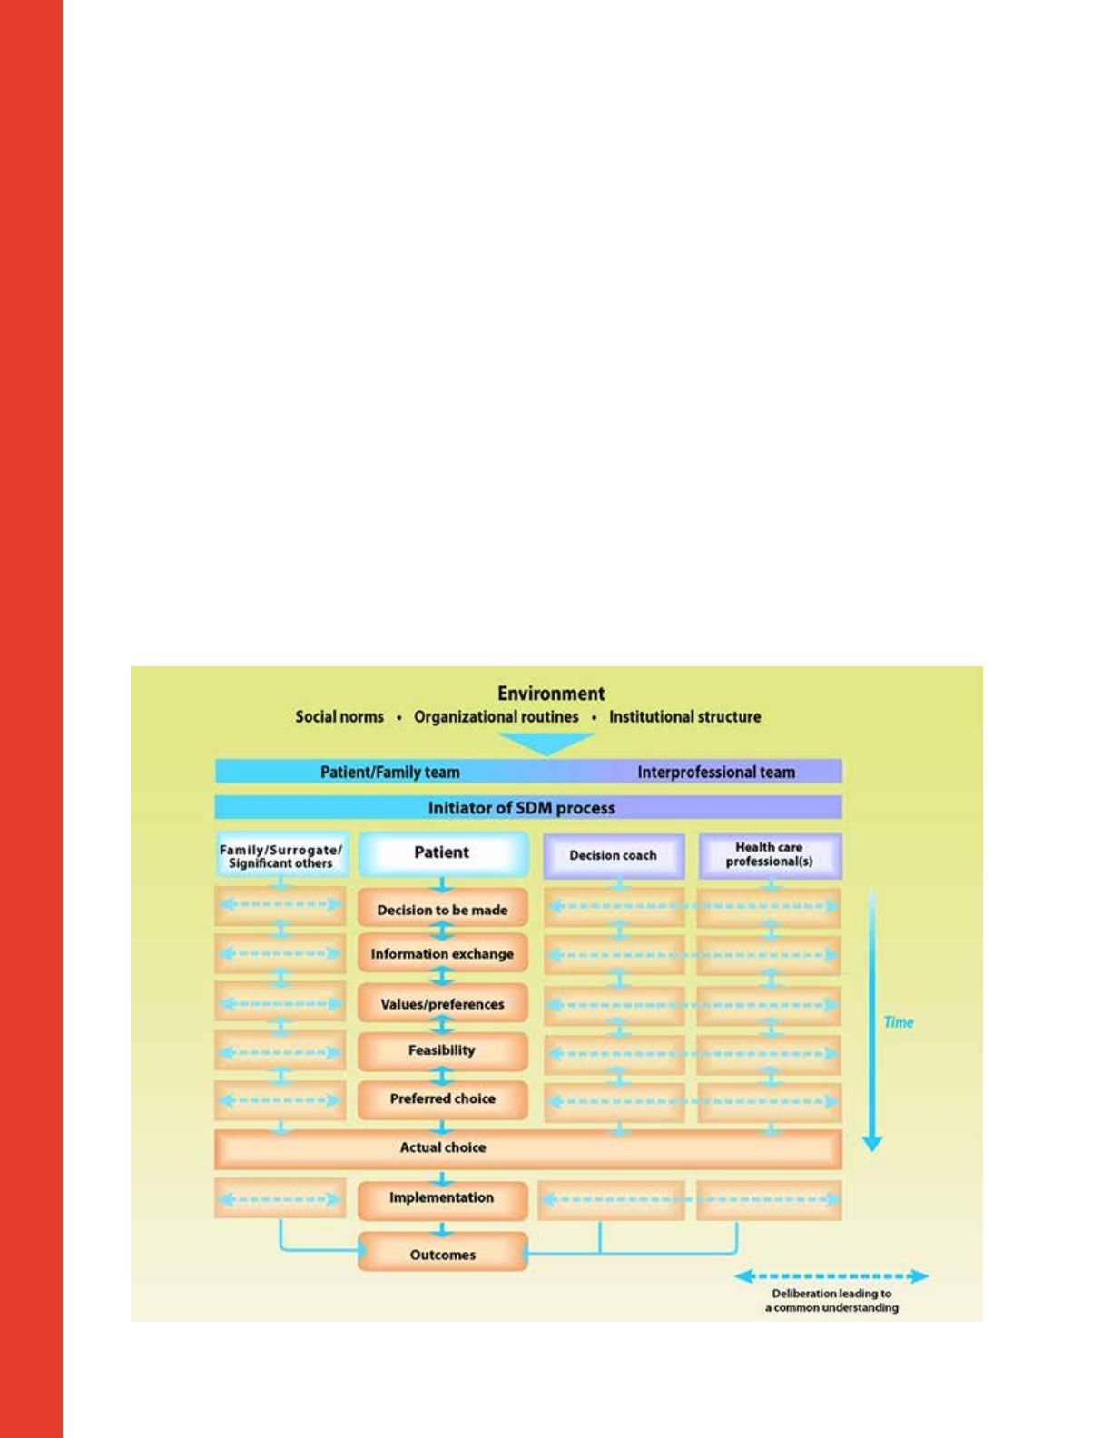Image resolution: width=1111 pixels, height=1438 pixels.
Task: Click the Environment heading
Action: click(x=551, y=694)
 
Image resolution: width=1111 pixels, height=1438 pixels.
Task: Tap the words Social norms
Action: click(x=339, y=716)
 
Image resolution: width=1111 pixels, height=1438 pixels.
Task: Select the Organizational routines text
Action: click(x=497, y=716)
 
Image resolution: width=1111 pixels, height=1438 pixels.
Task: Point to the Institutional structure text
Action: click(x=685, y=716)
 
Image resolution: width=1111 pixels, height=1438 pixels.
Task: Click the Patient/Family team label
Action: click(x=389, y=773)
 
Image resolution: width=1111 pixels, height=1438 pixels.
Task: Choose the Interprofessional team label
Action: click(x=716, y=773)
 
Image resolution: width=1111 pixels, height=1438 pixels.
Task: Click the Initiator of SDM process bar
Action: click(x=528, y=808)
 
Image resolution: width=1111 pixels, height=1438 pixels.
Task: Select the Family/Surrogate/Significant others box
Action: click(x=280, y=856)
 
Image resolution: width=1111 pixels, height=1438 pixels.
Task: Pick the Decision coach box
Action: click(x=614, y=856)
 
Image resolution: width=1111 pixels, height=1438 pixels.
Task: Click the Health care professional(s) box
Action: click(x=770, y=855)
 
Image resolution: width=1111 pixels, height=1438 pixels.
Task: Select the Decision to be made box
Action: click(x=442, y=910)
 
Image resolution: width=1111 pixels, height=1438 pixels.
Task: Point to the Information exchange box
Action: click(x=442, y=954)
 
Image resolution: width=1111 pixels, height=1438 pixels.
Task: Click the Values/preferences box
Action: click(x=442, y=1005)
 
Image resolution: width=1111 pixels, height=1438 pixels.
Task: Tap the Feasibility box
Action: click(x=442, y=1051)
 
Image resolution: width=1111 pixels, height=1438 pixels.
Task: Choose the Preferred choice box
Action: click(x=442, y=1099)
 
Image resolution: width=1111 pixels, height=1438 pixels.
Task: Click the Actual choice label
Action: click(x=443, y=1148)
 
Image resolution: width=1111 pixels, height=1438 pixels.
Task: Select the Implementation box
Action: click(x=442, y=1198)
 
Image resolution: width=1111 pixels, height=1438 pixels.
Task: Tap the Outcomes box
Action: click(x=442, y=1255)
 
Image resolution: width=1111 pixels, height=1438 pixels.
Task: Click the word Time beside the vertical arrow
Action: click(x=898, y=1022)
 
